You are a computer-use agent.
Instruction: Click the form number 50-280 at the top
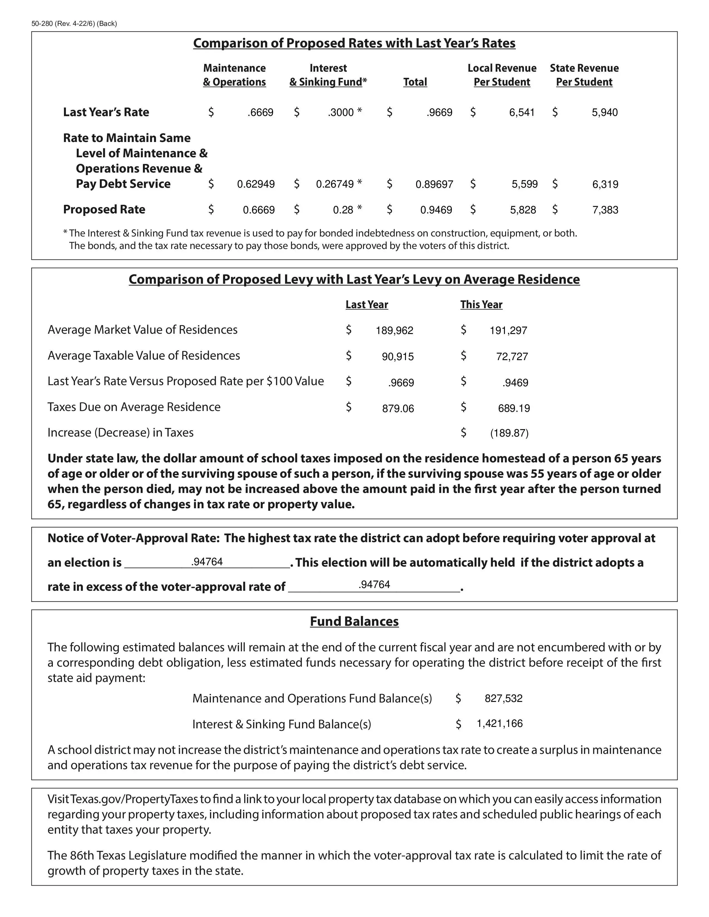pos(42,24)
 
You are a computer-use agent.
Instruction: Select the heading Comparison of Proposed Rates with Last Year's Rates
pos(354,43)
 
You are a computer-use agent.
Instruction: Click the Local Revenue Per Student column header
pos(502,75)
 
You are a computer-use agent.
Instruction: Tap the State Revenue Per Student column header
pos(584,75)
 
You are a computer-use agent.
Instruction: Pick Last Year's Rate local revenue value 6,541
pos(522,113)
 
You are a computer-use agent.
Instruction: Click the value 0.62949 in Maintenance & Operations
pos(256,184)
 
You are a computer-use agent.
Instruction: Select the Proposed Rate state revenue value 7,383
pos(605,210)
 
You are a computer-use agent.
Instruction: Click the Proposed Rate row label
pos(104,210)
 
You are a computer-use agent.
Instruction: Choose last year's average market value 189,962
pos(395,330)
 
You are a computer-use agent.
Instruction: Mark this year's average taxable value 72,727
pos(512,357)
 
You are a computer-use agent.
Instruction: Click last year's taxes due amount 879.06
pos(398,408)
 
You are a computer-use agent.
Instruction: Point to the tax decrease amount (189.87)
pos(509,433)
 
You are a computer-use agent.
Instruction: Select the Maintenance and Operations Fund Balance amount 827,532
pos(504,698)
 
